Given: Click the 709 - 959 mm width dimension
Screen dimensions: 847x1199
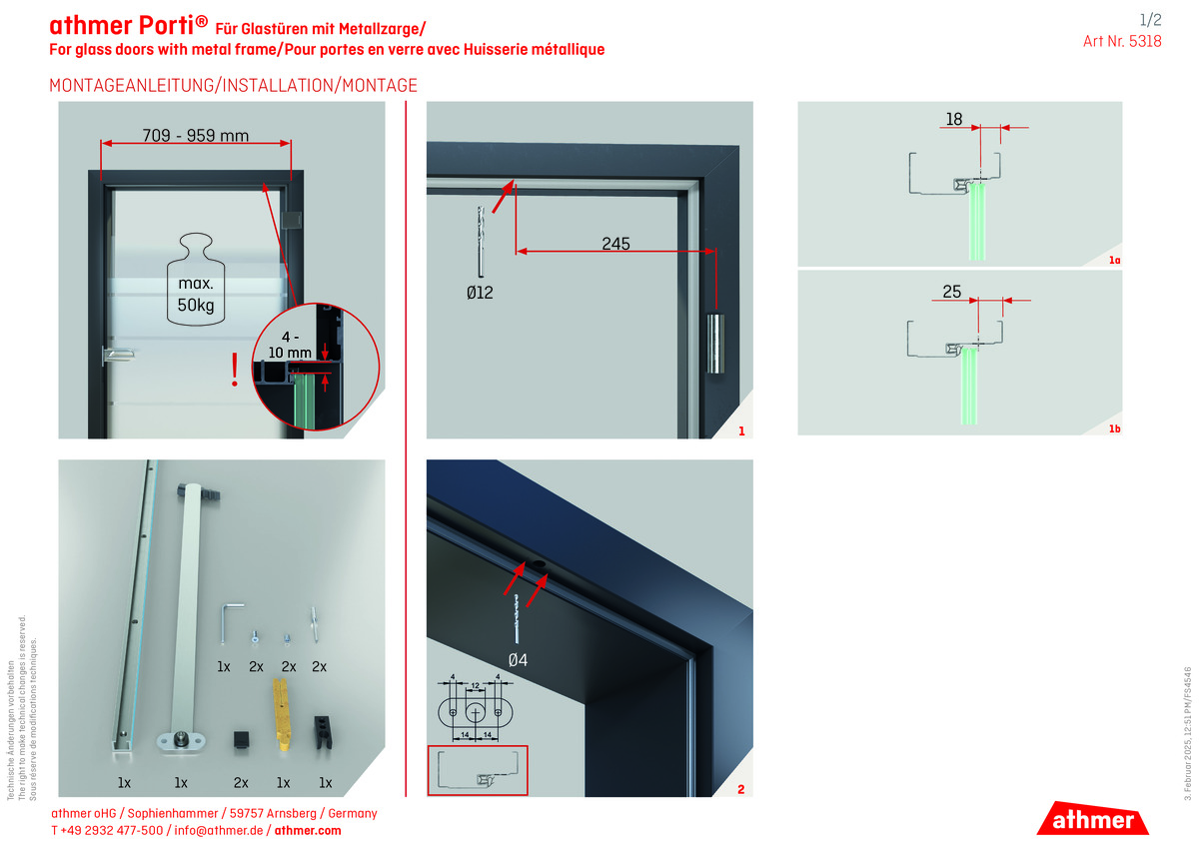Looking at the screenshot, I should click(x=195, y=136).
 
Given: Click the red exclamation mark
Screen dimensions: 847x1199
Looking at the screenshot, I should click(x=235, y=370).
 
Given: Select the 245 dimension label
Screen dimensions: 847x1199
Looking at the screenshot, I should click(x=615, y=243).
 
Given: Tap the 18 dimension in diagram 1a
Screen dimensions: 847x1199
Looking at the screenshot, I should click(x=953, y=120).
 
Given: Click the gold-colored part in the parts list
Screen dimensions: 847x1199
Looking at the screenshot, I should click(x=283, y=715).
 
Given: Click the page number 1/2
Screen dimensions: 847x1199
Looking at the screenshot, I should click(x=1150, y=19).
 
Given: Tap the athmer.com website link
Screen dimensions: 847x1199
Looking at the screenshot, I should click(x=308, y=830).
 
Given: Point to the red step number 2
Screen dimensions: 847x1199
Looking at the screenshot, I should click(x=740, y=790).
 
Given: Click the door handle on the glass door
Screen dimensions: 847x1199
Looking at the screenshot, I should click(x=116, y=354).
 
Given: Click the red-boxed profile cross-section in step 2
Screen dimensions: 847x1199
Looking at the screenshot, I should click(x=477, y=770).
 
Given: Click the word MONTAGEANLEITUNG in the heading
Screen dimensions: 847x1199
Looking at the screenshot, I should click(x=131, y=86).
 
